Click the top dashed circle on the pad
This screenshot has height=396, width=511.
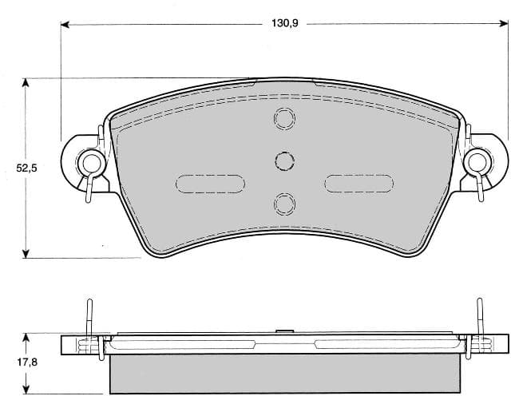click(x=284, y=120)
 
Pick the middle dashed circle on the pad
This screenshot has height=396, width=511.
click(x=284, y=161)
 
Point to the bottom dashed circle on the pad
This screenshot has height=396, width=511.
click(x=284, y=204)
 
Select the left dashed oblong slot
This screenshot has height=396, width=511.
click(x=210, y=184)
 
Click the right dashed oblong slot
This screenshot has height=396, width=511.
click(x=359, y=184)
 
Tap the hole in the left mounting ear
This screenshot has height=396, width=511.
click(x=92, y=164)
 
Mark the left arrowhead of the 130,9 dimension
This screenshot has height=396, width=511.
click(x=66, y=24)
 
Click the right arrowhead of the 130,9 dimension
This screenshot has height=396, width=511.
click(x=503, y=24)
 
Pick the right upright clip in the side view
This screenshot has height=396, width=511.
click(x=480, y=319)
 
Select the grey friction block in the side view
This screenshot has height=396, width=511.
click(x=284, y=374)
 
